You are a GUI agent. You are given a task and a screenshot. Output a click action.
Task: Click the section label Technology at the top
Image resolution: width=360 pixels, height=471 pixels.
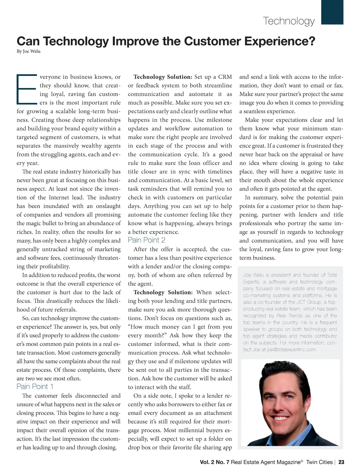pyautogui.click(x=289, y=21)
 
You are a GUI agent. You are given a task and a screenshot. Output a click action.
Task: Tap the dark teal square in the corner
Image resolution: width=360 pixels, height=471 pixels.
pyautogui.click(x=332, y=12)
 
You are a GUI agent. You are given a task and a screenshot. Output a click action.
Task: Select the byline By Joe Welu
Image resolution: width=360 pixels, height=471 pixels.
pyautogui.click(x=28, y=51)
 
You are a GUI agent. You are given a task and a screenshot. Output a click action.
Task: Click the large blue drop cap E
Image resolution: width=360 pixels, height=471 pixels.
pyautogui.click(x=27, y=89)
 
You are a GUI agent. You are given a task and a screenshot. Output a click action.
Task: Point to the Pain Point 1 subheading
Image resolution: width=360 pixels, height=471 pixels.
pyautogui.click(x=35, y=387)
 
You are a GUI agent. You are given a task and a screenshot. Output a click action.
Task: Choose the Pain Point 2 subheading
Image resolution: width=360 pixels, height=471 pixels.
pyautogui.click(x=146, y=240)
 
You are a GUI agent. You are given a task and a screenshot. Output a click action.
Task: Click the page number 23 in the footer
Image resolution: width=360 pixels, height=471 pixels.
pyautogui.click(x=341, y=462)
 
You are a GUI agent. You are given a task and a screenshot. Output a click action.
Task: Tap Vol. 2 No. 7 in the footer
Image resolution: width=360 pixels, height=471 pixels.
pyautogui.click(x=214, y=462)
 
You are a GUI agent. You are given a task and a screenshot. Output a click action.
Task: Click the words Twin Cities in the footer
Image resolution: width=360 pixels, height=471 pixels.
pyautogui.click(x=319, y=462)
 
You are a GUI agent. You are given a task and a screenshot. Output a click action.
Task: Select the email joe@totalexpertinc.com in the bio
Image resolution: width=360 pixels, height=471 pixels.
pyautogui.click(x=291, y=350)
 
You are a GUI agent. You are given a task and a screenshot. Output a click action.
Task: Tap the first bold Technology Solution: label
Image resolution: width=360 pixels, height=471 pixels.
pyautogui.click(x=163, y=77)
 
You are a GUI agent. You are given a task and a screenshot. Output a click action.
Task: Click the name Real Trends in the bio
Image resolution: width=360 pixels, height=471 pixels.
pyautogui.click(x=289, y=316)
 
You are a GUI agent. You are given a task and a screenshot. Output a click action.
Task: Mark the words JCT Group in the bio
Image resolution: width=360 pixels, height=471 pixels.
pyautogui.click(x=308, y=302)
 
